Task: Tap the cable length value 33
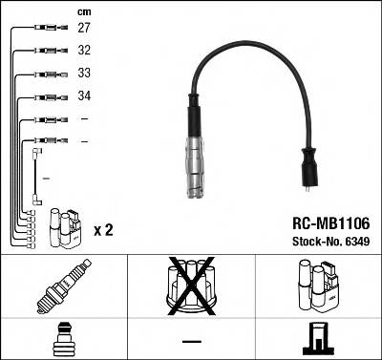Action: (x=84, y=74)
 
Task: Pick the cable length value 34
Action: (x=84, y=96)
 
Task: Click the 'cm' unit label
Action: (x=83, y=11)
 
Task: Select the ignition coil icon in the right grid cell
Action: (x=318, y=285)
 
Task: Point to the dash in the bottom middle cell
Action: (x=192, y=341)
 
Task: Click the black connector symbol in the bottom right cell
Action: (x=318, y=338)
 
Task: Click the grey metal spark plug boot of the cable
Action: (x=198, y=162)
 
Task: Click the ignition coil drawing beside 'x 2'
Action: (x=65, y=228)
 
